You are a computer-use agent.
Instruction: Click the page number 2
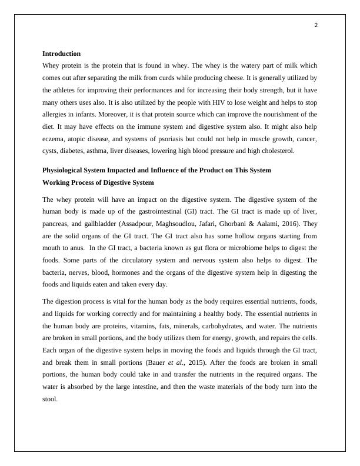(x=316, y=25)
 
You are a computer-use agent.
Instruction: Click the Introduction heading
(x=61, y=54)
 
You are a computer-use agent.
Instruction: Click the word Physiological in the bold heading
(x=63, y=170)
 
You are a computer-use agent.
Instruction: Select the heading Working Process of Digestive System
(x=98, y=182)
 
